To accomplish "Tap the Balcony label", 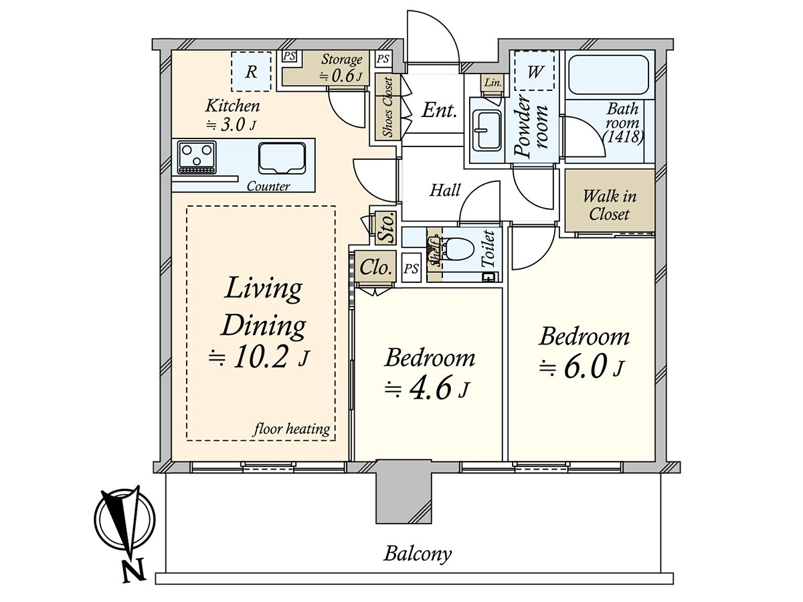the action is [417, 554].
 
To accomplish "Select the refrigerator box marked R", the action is [251, 72].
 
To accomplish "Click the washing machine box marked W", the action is [534, 71].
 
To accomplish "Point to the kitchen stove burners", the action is [197, 158].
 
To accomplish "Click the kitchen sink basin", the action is [282, 158].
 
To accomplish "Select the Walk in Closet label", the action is [610, 205].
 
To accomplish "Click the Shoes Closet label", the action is [387, 107].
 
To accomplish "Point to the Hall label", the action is [445, 191].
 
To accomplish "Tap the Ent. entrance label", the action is [439, 110].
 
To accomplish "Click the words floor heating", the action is [292, 429].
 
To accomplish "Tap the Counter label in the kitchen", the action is [268, 187].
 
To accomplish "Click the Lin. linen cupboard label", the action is [493, 82].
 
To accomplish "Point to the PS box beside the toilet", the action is [411, 269].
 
